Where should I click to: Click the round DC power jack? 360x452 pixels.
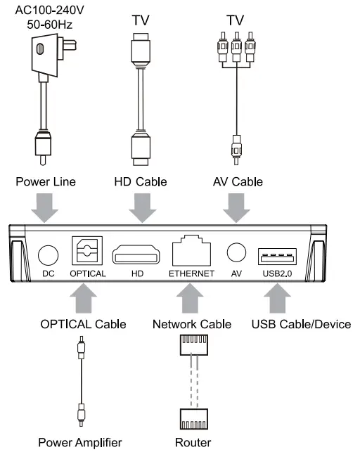coord(47,254)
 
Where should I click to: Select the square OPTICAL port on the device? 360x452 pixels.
coord(87,251)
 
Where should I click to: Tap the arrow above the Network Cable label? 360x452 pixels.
coord(191,299)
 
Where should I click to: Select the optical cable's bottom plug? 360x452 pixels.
coord(82,413)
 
